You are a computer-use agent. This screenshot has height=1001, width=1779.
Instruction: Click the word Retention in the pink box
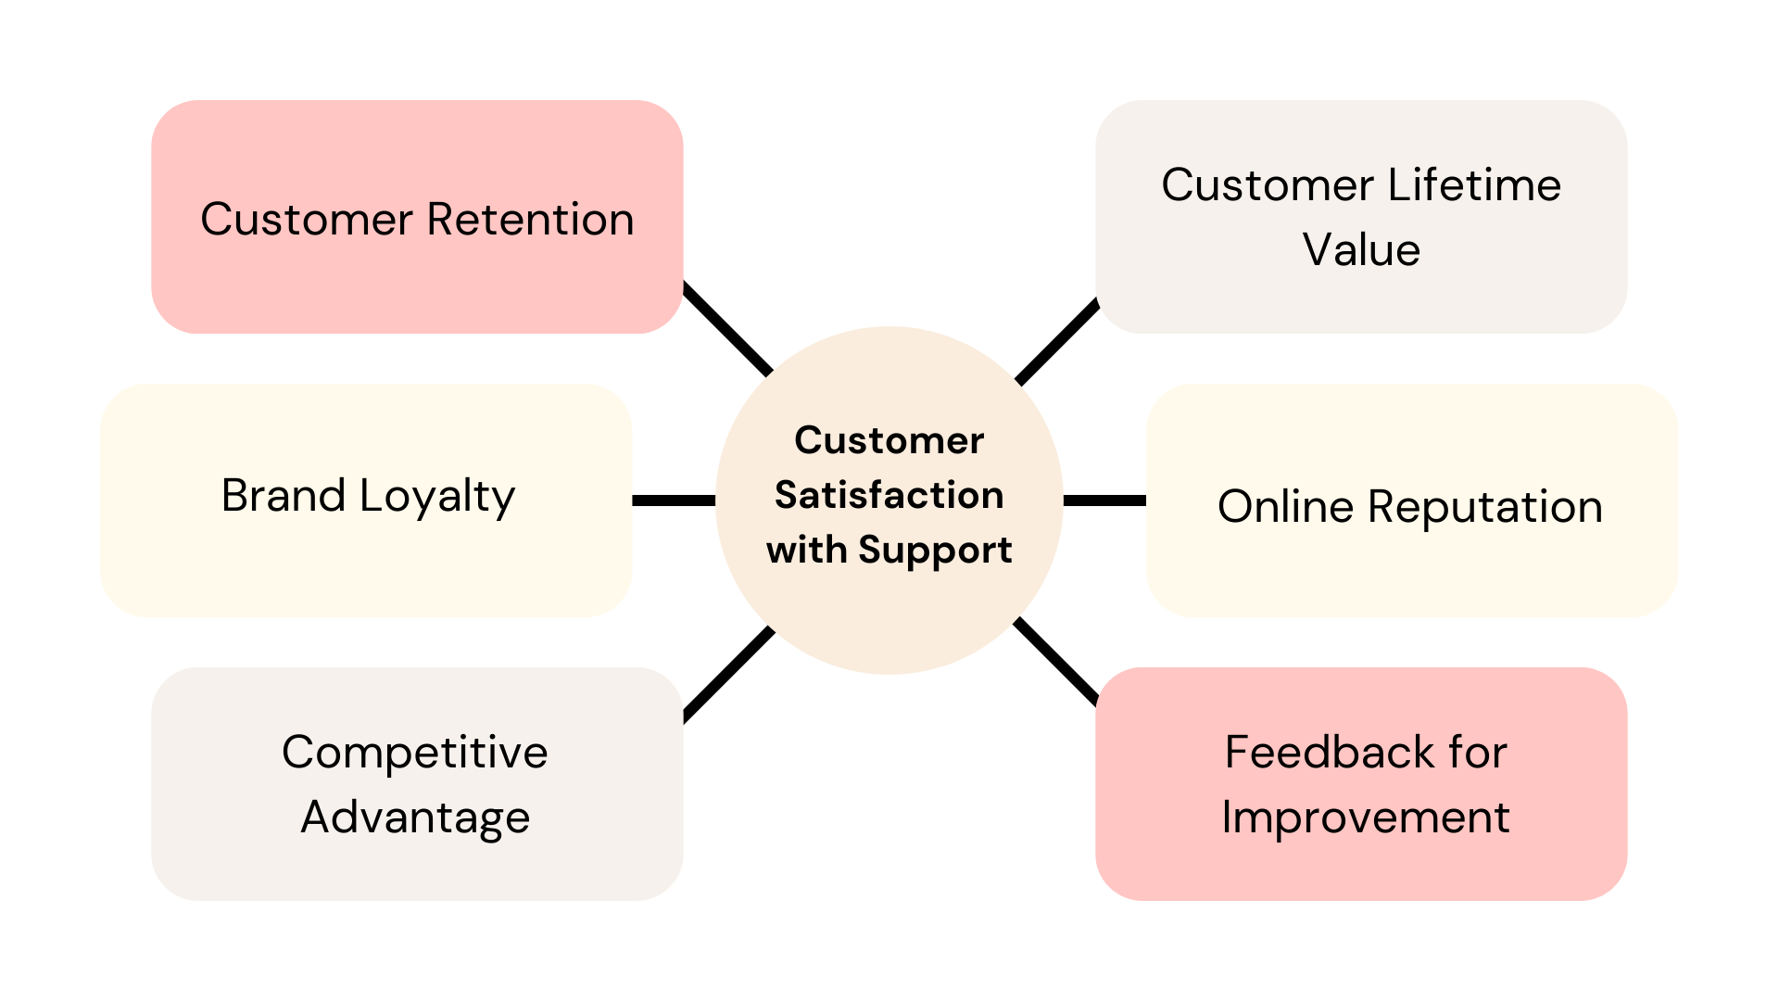pos(530,220)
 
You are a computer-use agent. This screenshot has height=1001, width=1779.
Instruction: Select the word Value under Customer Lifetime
pos(1361,249)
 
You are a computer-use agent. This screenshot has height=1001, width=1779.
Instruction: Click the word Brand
pos(284,495)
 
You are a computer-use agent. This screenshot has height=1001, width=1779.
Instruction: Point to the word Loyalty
pos(437,497)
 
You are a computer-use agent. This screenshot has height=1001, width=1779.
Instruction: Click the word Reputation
pos(1485,507)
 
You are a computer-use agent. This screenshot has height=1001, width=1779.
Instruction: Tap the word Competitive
pos(415,752)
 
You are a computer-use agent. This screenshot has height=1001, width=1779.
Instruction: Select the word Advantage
pos(415,817)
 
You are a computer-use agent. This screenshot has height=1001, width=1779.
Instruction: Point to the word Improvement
pos(1366,817)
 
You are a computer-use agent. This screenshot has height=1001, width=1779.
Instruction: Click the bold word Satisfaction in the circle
pos(889,495)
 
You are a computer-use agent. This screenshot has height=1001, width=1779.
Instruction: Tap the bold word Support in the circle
pos(935,550)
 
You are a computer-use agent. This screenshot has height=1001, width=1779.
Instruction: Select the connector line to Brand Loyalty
pos(674,500)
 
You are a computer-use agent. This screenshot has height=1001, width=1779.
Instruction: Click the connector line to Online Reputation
pos(1104,500)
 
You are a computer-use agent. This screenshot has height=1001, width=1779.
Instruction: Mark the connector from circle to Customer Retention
pos(727,329)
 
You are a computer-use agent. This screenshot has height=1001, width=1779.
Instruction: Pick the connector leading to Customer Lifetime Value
pos(1057,342)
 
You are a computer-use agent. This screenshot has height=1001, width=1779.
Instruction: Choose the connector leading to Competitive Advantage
pos(728,674)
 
